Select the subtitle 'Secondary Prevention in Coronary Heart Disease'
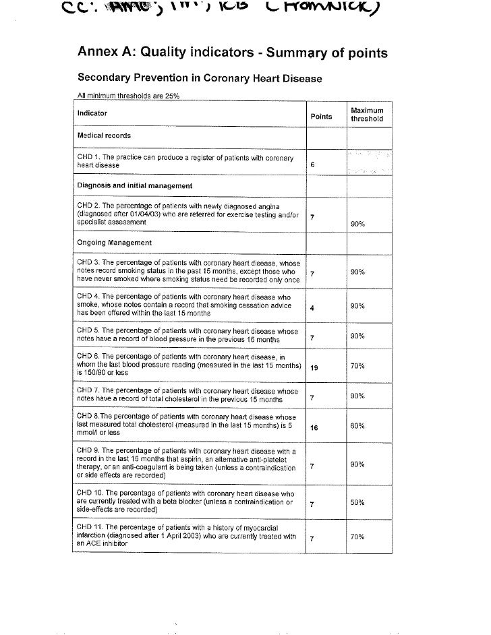point(200,79)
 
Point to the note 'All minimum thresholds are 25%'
point(125,96)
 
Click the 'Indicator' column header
point(92,113)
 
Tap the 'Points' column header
point(321,117)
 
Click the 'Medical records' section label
point(104,135)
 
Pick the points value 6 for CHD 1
point(312,165)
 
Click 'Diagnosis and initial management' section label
point(135,185)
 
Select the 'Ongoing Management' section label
point(114,243)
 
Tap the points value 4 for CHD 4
point(312,307)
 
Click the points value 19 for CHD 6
point(314,367)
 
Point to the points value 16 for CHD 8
point(314,427)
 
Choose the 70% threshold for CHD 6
point(357,366)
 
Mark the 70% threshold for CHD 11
point(357,537)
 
